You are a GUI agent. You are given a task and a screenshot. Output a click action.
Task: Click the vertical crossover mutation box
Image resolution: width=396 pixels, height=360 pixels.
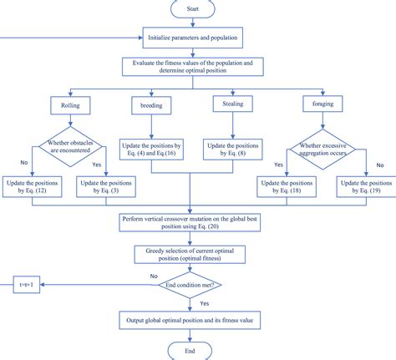coord(192,222)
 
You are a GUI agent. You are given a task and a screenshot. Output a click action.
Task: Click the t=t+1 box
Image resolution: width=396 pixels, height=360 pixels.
coord(25,283)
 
